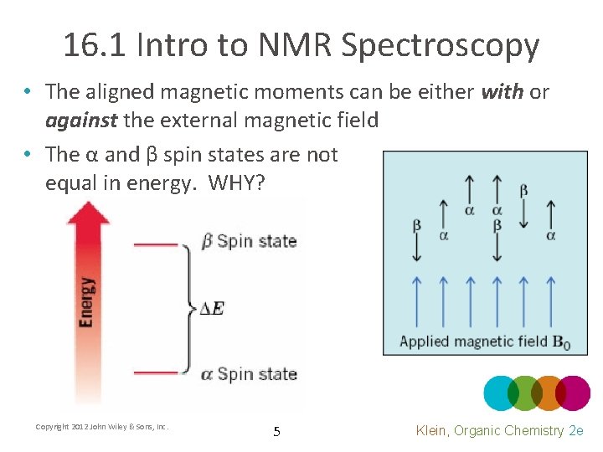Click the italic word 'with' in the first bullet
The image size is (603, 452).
[x=502, y=91]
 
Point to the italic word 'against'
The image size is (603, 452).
[x=81, y=120]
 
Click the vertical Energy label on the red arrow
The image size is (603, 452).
[x=86, y=301]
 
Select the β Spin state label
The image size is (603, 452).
[x=249, y=242]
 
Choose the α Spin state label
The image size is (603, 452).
[x=249, y=373]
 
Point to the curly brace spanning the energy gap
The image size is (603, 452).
[x=190, y=308]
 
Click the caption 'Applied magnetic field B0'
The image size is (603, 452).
[x=484, y=342]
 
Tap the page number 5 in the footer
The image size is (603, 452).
[x=276, y=432]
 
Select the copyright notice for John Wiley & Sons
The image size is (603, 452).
[x=102, y=427]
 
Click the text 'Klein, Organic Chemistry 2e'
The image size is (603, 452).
[x=499, y=430]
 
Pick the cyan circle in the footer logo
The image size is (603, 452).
[x=501, y=393]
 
